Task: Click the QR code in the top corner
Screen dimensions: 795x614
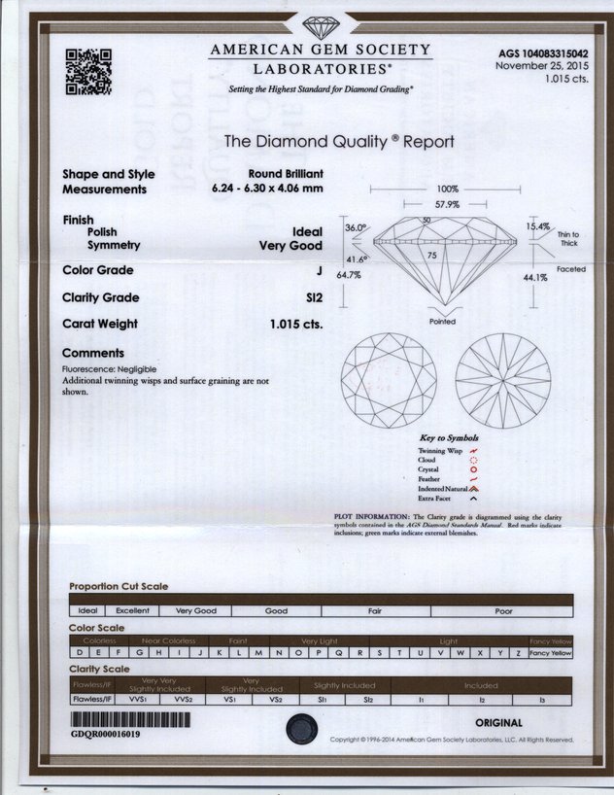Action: (x=87, y=71)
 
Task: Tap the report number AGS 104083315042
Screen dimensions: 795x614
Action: (x=543, y=53)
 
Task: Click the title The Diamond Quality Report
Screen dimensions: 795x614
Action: (x=339, y=141)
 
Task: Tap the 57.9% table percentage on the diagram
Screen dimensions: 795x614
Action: (x=447, y=204)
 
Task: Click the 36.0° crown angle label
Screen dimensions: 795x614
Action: (x=355, y=227)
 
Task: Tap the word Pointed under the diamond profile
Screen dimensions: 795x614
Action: (x=442, y=322)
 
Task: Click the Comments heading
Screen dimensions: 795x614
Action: (x=93, y=353)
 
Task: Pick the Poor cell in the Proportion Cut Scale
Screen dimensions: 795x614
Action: (x=503, y=611)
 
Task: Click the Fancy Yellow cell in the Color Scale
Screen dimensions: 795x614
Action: (x=551, y=653)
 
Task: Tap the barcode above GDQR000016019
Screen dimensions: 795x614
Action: (x=118, y=720)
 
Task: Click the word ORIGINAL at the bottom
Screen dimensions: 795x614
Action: (x=498, y=723)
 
